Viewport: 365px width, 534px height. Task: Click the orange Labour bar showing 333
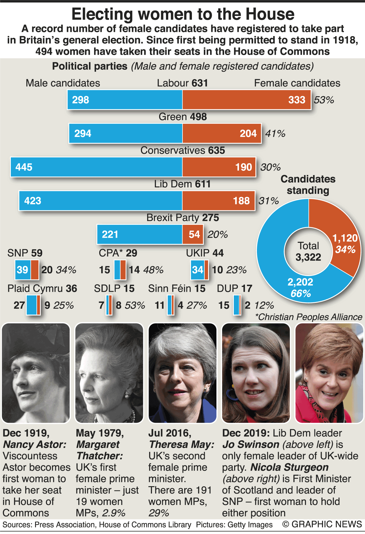pos(246,100)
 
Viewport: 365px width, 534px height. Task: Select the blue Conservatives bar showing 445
pos(96,167)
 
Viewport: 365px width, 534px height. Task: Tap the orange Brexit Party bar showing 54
pos(193,235)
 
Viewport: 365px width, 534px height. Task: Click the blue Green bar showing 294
pos(125,133)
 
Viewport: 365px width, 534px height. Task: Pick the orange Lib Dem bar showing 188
pos(218,201)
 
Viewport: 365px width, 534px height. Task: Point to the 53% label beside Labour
pos(324,100)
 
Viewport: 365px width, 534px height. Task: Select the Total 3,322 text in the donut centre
pos(308,252)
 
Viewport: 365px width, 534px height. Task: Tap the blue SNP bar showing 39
pos(23,270)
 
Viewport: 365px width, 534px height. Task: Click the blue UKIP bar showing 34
pos(197,270)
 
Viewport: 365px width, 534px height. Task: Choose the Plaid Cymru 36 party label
pos(42,288)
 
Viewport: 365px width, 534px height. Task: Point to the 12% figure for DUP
pos(264,305)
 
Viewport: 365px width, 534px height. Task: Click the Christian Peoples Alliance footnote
pos(309,317)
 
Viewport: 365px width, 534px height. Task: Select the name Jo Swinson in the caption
pos(251,445)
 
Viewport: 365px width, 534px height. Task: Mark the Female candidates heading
pos(297,83)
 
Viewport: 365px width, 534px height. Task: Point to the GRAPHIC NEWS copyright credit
pos(322,524)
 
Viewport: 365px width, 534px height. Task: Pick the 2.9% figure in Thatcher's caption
pos(114,513)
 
